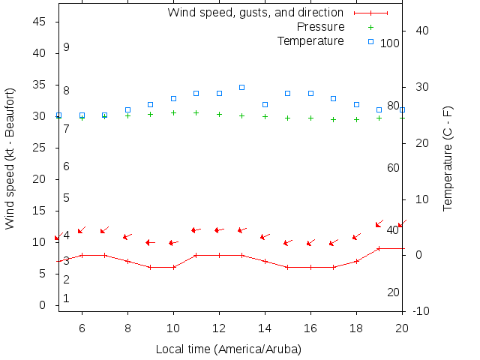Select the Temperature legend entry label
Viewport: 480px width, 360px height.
point(310,40)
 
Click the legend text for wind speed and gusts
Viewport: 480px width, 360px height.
point(255,13)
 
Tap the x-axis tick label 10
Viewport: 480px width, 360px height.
point(173,328)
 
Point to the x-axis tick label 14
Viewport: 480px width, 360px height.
point(265,328)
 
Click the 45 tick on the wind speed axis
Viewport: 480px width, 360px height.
point(42,22)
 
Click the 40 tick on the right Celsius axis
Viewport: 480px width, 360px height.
point(420,31)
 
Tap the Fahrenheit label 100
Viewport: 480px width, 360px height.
point(390,43)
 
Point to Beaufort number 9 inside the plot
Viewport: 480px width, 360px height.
point(67,47)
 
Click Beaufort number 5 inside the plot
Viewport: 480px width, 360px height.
point(67,198)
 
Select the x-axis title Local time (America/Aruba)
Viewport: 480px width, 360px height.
point(229,349)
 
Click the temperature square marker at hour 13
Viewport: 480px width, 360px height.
point(241,87)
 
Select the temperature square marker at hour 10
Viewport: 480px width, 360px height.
point(173,98)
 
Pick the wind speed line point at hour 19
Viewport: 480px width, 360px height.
point(379,248)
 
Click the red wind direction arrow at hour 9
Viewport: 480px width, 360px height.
point(150,242)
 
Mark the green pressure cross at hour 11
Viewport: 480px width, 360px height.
point(196,112)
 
